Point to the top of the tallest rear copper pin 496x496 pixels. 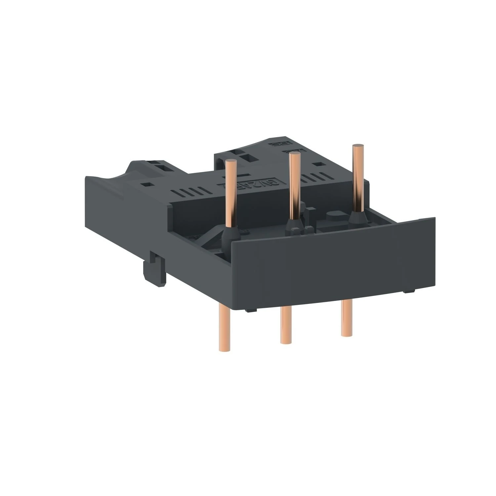tap(357, 146)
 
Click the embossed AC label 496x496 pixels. tap(289, 151)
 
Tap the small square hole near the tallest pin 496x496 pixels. tap(319, 164)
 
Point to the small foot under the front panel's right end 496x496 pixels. tap(409, 291)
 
